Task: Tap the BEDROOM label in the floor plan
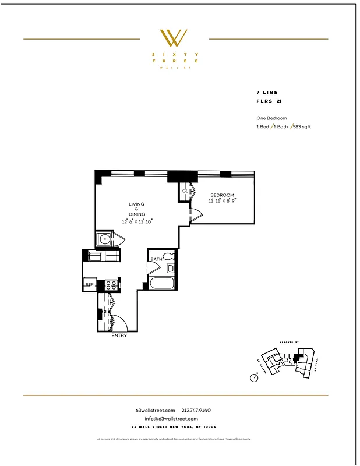pos(223,195)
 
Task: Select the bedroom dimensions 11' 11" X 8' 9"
pos(222,201)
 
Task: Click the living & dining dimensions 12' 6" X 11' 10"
pos(137,221)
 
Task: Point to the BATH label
pos(156,259)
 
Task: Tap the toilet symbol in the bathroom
pos(170,256)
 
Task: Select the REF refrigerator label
pos(89,285)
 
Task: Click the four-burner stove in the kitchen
pos(111,285)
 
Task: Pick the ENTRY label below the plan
pos(118,336)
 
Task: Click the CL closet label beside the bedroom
pos(185,190)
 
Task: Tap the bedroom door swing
pos(196,216)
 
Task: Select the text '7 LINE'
pos(267,93)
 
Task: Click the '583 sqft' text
pos(301,126)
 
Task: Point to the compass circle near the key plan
pos(254,377)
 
